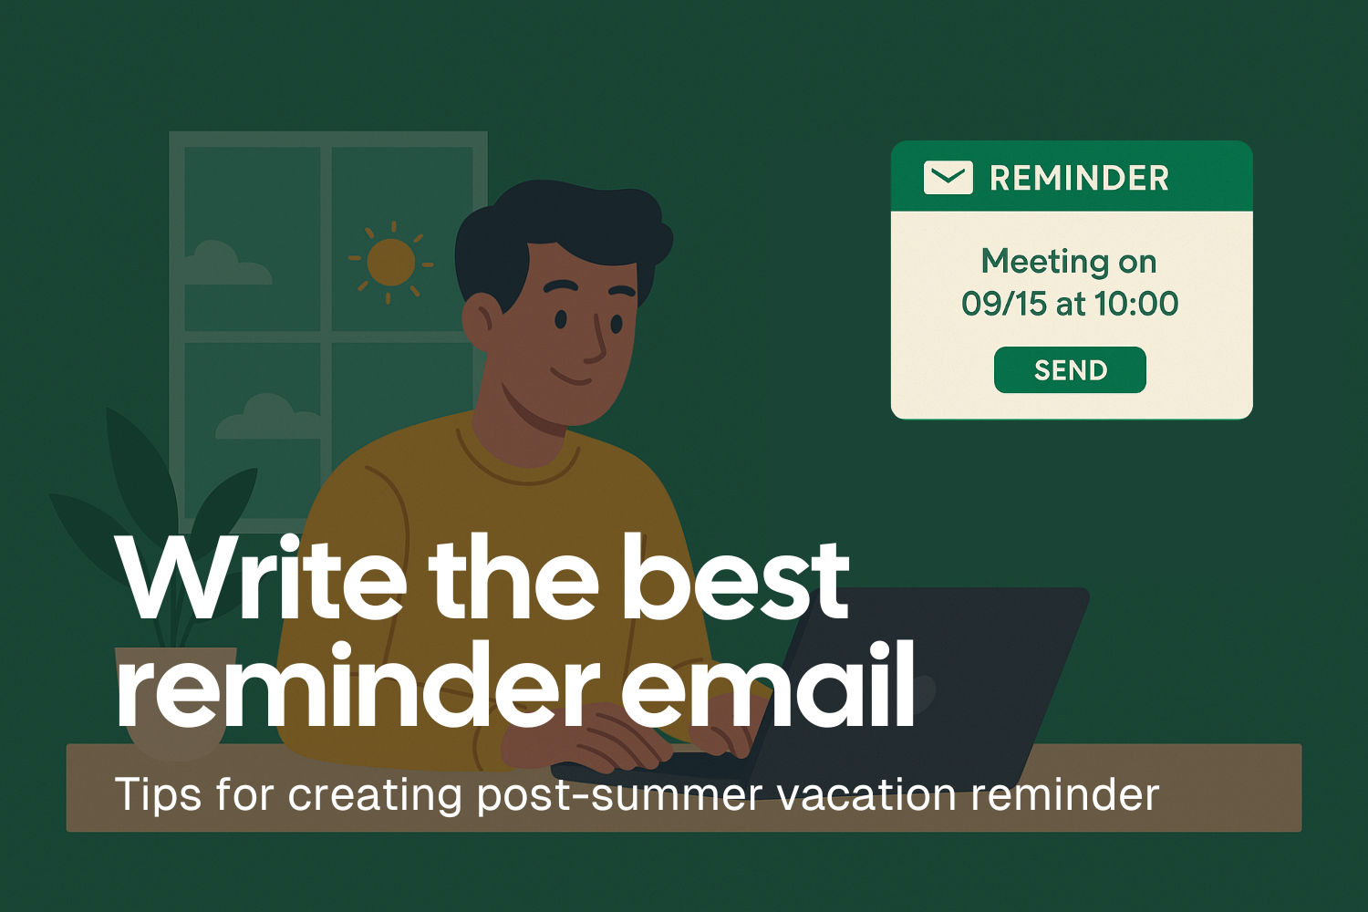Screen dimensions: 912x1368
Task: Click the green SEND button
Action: coord(1070,370)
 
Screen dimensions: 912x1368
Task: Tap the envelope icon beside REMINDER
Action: coord(948,178)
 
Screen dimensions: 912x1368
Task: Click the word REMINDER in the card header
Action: coord(1079,178)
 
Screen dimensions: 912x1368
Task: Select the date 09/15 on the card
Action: coord(1003,304)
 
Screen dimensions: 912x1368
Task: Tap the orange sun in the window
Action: coord(391,262)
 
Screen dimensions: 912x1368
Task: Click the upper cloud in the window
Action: coord(223,264)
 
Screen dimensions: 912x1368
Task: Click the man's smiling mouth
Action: coord(571,378)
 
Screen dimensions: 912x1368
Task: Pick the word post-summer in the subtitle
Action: coord(618,794)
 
